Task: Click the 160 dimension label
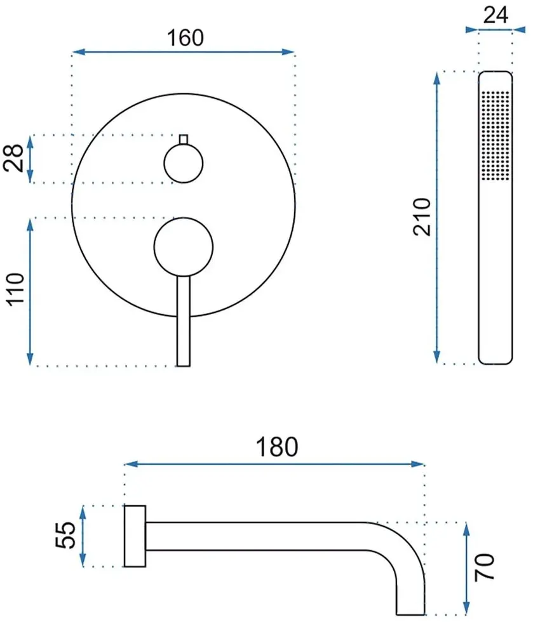coord(185,38)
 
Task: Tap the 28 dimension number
coord(13,158)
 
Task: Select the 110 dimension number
coord(15,289)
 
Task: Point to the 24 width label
coord(496,15)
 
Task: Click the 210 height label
coord(421,217)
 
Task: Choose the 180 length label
coord(276,447)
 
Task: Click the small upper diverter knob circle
coord(184,163)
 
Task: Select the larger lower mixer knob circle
coord(184,247)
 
